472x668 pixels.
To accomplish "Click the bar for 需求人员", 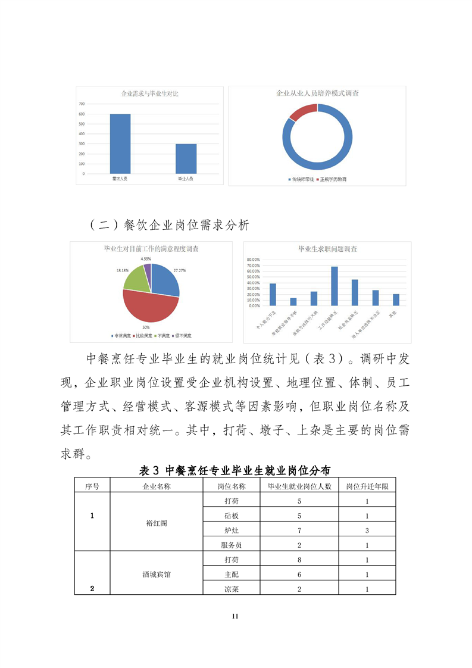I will pyautogui.click(x=120, y=143).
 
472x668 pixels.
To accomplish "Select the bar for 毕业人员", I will pyautogui.click(x=186, y=158).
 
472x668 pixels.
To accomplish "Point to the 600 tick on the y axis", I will pyautogui.click(x=81, y=114).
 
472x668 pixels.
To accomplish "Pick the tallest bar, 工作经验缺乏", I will pyautogui.click(x=335, y=286).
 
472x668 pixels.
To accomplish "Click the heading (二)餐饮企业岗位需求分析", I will pyautogui.click(x=168, y=225).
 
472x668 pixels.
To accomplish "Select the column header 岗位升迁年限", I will pyautogui.click(x=367, y=486).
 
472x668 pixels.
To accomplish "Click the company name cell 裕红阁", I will pyautogui.click(x=157, y=523).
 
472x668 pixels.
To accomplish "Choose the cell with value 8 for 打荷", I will pyautogui.click(x=299, y=560).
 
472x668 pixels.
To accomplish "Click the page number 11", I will pyautogui.click(x=236, y=616).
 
